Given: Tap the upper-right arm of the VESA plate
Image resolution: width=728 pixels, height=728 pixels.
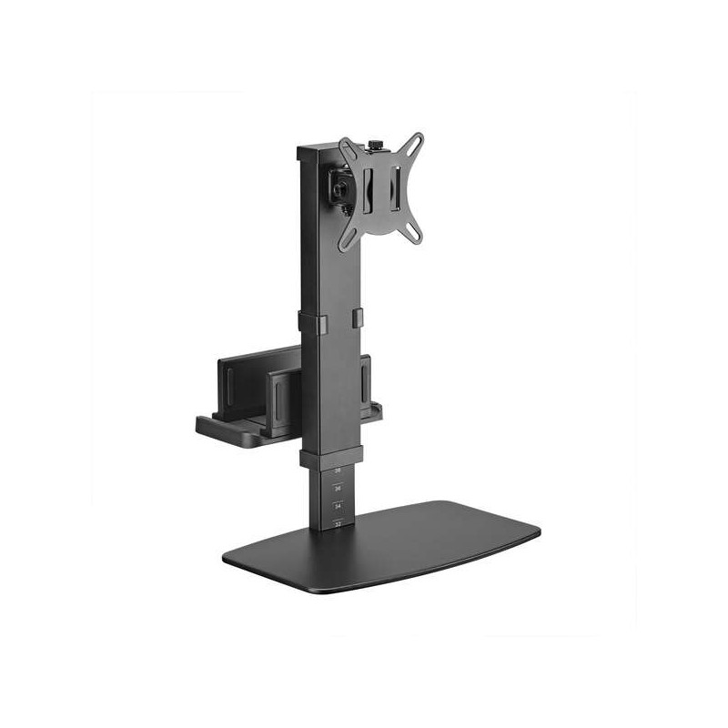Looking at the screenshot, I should tap(413, 145).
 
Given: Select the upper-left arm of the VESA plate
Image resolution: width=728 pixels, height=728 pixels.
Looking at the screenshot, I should tap(347, 148).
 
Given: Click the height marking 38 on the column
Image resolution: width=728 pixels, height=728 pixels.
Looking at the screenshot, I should tap(338, 470).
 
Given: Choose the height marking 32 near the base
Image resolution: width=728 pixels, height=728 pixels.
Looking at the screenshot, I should tap(338, 523).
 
